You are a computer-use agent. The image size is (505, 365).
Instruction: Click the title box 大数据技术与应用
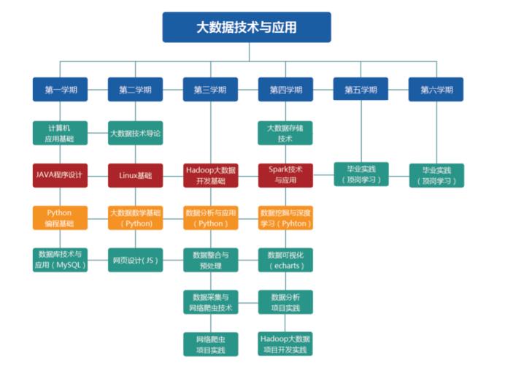[x=246, y=27]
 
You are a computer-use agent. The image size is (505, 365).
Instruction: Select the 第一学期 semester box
[x=60, y=90]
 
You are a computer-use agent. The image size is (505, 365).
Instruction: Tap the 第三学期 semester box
[x=210, y=90]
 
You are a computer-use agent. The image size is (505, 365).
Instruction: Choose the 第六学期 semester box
[x=436, y=90]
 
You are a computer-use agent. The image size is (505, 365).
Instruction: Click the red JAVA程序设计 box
[x=60, y=175]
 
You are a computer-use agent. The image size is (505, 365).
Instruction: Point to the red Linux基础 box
[x=135, y=175]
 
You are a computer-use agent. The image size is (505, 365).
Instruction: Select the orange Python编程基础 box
[x=60, y=218]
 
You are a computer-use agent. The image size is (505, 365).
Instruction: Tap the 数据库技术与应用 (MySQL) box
[x=60, y=259]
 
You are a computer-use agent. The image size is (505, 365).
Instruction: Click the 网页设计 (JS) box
[x=135, y=260]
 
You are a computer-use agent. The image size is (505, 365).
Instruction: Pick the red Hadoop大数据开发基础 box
[x=210, y=175]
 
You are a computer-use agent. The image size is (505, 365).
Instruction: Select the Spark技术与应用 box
[x=285, y=175]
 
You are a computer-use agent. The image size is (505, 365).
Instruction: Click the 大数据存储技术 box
[x=285, y=133]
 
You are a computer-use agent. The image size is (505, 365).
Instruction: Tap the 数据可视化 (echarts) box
[x=285, y=260]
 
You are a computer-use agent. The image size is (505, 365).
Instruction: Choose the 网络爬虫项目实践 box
[x=210, y=345]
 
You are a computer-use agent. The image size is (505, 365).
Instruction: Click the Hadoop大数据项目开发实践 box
[x=285, y=345]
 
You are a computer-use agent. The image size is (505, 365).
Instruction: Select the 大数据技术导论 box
[x=135, y=134]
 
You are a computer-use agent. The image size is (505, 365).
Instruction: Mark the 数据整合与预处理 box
[x=210, y=260]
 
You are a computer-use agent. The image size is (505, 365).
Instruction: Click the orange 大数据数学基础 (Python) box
[x=135, y=218]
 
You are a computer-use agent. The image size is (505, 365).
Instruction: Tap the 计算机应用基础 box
[x=60, y=133]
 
